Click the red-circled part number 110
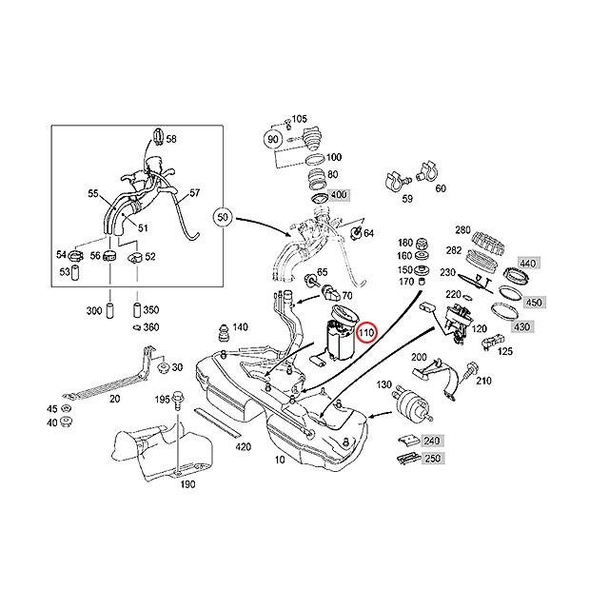tap(367, 332)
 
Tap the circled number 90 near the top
tap(273, 139)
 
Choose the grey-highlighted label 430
tap(522, 326)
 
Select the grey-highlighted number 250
tap(433, 458)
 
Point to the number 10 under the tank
tap(279, 459)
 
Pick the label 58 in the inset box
tap(171, 139)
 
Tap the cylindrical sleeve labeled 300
tap(108, 311)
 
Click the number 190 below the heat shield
tap(187, 484)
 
